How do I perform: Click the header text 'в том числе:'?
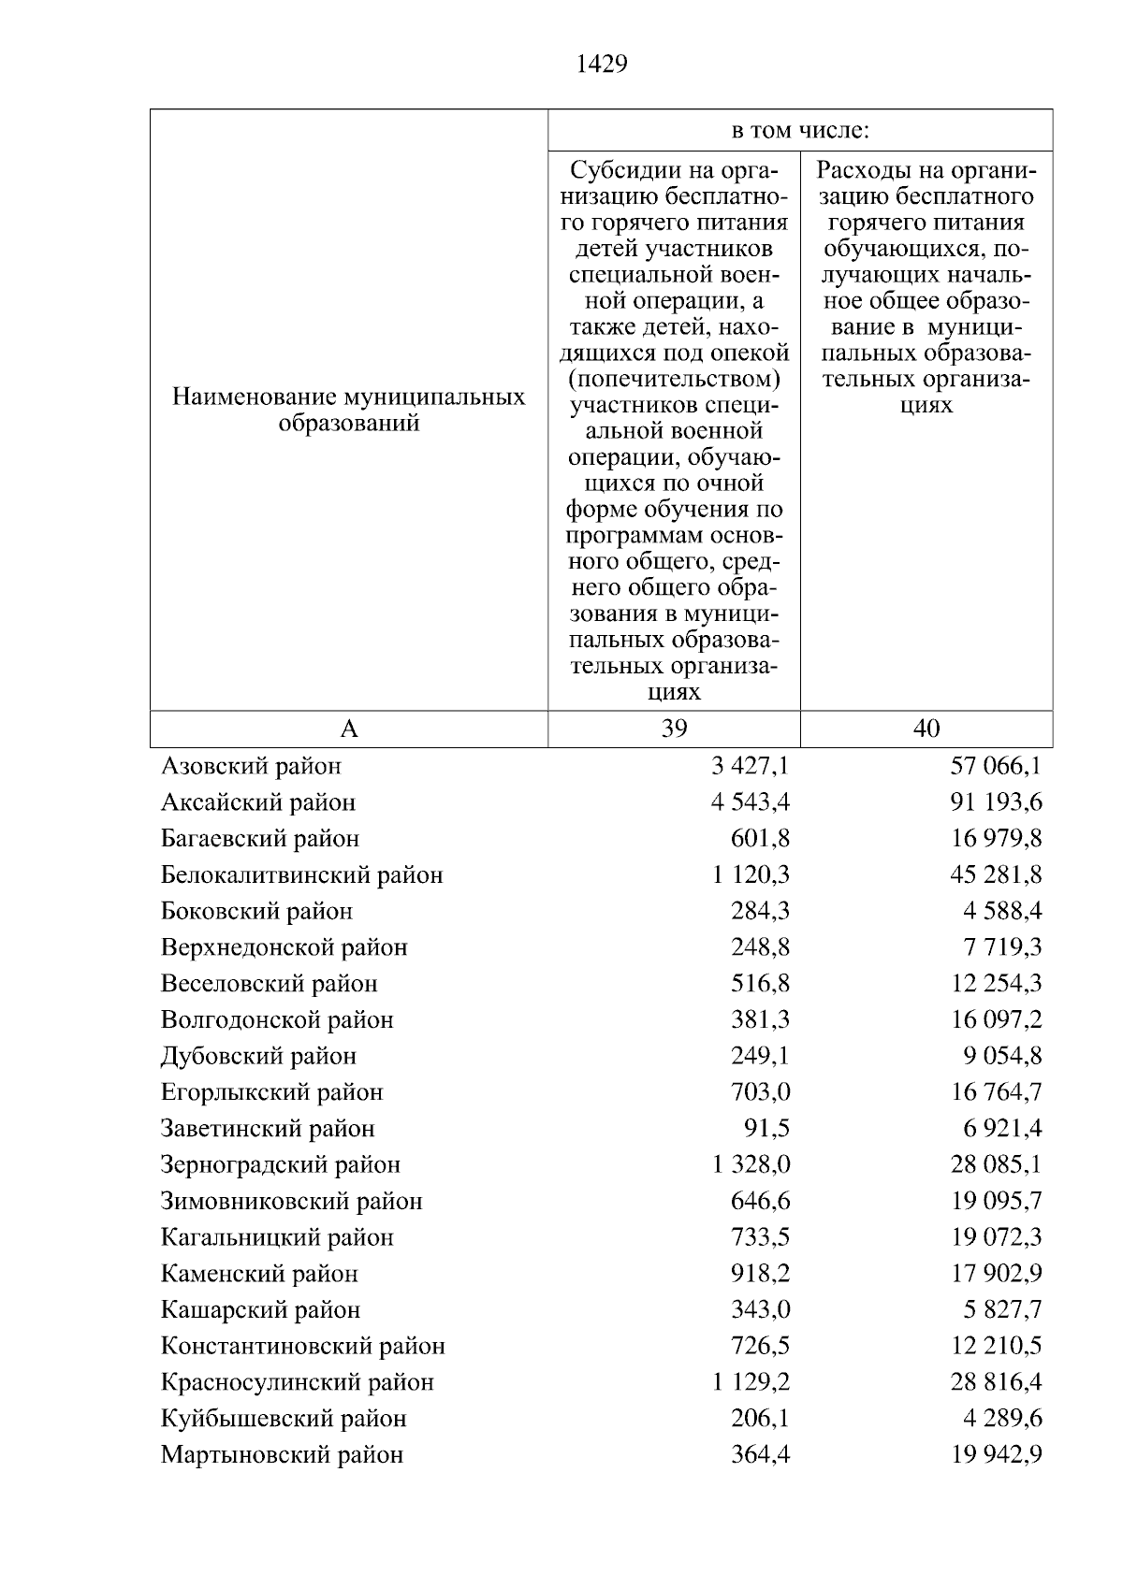click(800, 131)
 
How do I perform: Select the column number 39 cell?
click(674, 729)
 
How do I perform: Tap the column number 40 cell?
click(926, 729)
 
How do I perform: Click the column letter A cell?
click(349, 729)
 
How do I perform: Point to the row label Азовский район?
click(251, 766)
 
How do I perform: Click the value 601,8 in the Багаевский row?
click(760, 839)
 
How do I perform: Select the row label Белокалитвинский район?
click(301, 875)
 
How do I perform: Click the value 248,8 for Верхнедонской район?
click(760, 947)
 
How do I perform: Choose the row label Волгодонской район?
click(277, 1020)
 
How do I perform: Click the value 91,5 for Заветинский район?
click(766, 1129)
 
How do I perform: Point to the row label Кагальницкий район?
click(277, 1238)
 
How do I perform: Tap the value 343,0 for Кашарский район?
click(760, 1310)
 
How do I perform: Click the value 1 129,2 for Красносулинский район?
click(751, 1383)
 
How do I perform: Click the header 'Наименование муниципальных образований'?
click(349, 410)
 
